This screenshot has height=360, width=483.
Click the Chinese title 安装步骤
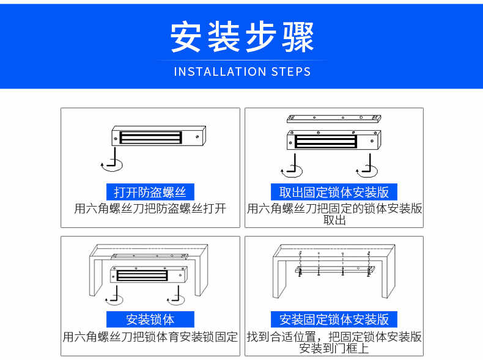tap(242, 37)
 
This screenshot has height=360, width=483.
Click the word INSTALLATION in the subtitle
tap(220, 72)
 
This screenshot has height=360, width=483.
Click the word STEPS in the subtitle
tap(291, 72)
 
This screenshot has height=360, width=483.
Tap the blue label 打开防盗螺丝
tap(150, 192)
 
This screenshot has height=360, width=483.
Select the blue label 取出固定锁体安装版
tap(334, 192)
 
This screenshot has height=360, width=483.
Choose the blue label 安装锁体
tap(150, 319)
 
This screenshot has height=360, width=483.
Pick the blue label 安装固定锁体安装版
tap(334, 319)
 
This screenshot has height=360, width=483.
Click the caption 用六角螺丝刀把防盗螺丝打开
tap(150, 208)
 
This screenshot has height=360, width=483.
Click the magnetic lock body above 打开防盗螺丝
tap(158, 136)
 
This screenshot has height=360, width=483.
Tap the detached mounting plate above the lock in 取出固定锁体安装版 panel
tap(334, 119)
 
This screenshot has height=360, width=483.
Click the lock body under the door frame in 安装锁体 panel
tap(149, 274)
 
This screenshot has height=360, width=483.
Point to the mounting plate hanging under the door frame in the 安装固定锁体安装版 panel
tap(335, 270)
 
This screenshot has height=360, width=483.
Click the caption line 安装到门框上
tap(334, 348)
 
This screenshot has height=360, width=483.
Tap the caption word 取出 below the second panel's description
tap(334, 220)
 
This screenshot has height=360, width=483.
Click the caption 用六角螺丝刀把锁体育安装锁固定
tap(150, 337)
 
